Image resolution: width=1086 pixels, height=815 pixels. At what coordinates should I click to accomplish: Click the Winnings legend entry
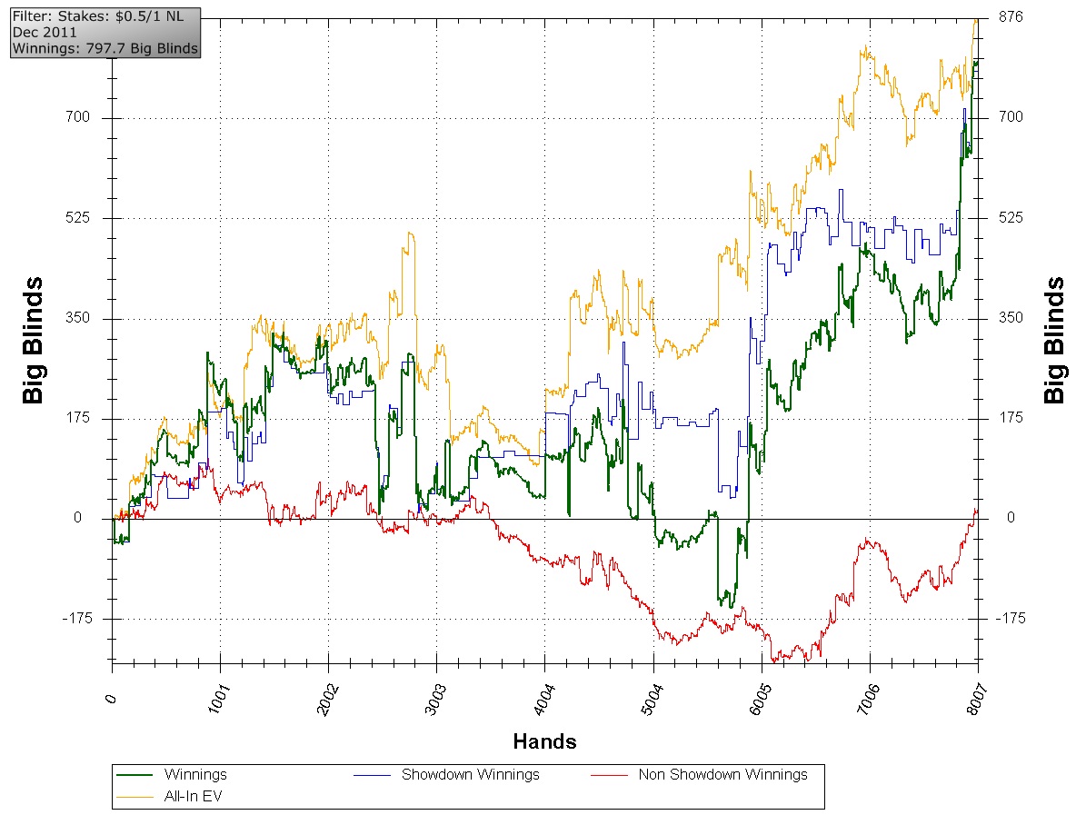click(195, 775)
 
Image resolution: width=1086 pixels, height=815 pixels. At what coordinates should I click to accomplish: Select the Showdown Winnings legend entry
click(470, 775)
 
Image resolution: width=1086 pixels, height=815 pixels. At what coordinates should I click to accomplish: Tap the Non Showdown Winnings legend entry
click(722, 775)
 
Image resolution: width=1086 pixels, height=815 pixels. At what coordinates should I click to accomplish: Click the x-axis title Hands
click(544, 741)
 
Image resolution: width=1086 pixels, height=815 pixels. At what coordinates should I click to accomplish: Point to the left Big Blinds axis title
click(35, 348)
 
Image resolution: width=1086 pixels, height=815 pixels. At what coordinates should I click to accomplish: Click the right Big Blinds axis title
click(1054, 341)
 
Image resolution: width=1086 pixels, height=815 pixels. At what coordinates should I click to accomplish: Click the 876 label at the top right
click(1011, 16)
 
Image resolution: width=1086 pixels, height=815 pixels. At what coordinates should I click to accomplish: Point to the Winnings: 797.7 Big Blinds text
click(105, 47)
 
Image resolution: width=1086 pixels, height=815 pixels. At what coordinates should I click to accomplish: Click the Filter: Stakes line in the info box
click(98, 16)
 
